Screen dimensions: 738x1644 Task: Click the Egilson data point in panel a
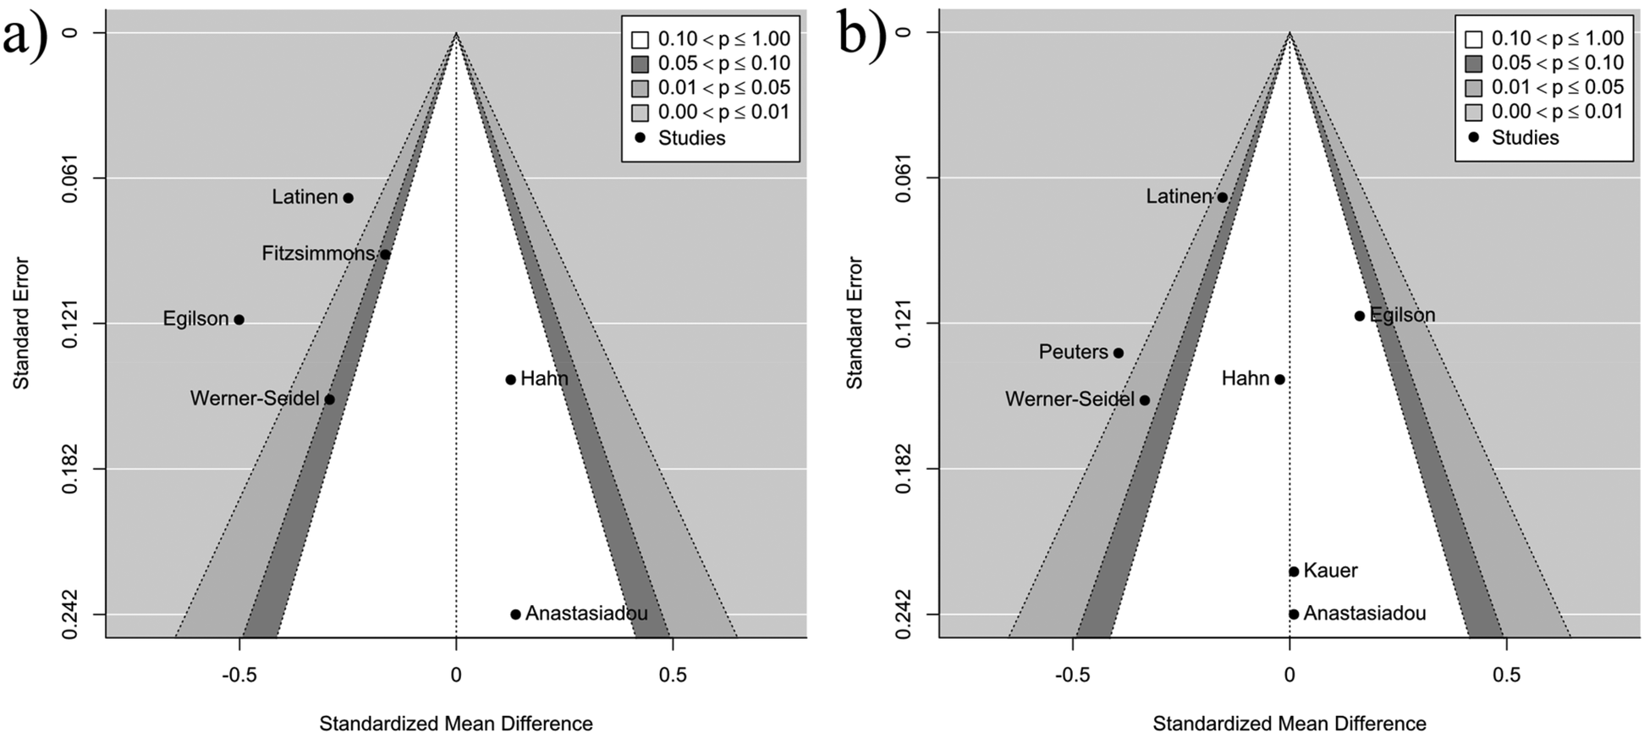(x=239, y=320)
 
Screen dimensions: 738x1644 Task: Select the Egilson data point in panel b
(x=1359, y=316)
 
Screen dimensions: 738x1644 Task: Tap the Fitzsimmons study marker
(x=385, y=254)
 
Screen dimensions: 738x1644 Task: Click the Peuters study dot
(x=1118, y=353)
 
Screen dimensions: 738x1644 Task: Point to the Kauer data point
(x=1293, y=571)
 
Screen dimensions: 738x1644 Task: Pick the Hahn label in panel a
(x=544, y=379)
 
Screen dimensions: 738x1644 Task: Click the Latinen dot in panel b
(x=1222, y=197)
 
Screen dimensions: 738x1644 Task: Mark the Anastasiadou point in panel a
(x=515, y=614)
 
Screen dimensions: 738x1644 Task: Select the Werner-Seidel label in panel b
(x=1069, y=399)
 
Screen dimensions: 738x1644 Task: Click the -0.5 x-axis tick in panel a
(x=239, y=675)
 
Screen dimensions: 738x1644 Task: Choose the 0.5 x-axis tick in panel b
(x=1506, y=675)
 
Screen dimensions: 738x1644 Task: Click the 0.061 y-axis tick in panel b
(x=903, y=178)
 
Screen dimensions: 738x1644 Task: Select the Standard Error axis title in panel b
(x=855, y=323)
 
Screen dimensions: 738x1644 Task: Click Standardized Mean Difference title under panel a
(x=455, y=724)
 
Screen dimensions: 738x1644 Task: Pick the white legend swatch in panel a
(x=640, y=39)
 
